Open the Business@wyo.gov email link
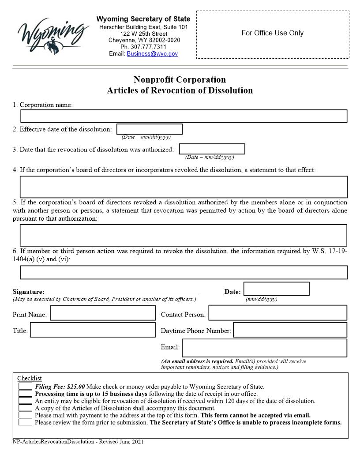pyautogui.click(x=152, y=53)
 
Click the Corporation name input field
pyautogui.click(x=184, y=116)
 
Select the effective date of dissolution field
pyautogui.click(x=150, y=129)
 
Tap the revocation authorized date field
pyautogui.click(x=212, y=149)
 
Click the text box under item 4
pyautogui.click(x=184, y=187)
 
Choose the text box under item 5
pyautogui.click(x=184, y=235)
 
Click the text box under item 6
pyautogui.click(x=184, y=272)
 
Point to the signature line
pyautogui.click(x=122, y=292)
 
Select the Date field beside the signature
pyautogui.click(x=276, y=289)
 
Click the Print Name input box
pyautogui.click(x=103, y=313)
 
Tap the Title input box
pyautogui.click(x=93, y=330)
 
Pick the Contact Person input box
pyautogui.click(x=277, y=313)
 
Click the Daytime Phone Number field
pyautogui.click(x=290, y=330)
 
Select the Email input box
pyautogui.click(x=264, y=348)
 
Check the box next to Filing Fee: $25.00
pyautogui.click(x=25, y=387)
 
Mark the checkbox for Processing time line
pyautogui.click(x=25, y=394)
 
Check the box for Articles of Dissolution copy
pyautogui.click(x=25, y=408)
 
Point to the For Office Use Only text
pyautogui.click(x=272, y=33)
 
